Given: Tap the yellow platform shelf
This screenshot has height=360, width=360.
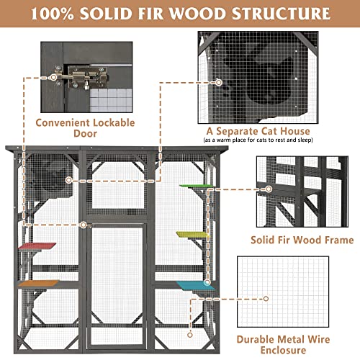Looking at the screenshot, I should tap(192, 235).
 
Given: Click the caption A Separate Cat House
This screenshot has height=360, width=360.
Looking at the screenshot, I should tap(258, 132).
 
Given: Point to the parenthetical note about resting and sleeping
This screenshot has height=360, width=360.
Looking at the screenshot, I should tap(258, 141).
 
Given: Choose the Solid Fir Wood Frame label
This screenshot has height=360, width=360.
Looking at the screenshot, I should tap(302, 240).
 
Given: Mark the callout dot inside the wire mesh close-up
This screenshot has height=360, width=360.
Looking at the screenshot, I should tap(266, 298).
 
